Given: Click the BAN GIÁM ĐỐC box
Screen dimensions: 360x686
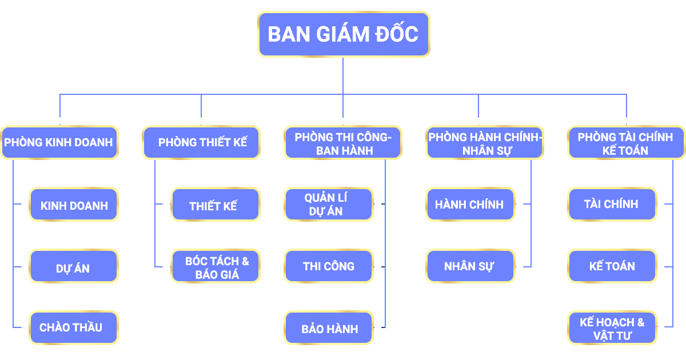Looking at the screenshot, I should click(343, 34).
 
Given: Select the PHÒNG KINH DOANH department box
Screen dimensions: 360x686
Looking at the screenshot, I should click(59, 142).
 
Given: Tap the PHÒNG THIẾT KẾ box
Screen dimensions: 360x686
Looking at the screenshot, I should click(201, 142).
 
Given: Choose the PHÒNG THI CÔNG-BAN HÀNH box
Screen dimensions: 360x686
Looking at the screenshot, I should click(343, 143).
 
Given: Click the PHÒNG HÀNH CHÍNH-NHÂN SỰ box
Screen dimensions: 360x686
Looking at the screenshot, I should click(485, 143).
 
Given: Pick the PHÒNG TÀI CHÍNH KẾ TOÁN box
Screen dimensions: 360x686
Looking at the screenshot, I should click(626, 143).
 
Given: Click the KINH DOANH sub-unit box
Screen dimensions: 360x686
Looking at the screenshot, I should click(74, 205).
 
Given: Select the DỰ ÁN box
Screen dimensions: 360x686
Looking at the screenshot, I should click(74, 267).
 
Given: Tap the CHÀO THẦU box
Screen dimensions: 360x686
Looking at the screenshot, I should click(74, 328).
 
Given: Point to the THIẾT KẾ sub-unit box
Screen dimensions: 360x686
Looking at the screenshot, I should click(215, 205).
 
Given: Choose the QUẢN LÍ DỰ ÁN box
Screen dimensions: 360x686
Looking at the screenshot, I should click(328, 205).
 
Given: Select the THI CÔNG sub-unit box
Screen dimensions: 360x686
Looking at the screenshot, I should click(329, 266).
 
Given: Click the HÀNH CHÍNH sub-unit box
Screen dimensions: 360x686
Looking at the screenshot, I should click(470, 205).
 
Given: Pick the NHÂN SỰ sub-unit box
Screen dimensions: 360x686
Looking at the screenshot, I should click(470, 266).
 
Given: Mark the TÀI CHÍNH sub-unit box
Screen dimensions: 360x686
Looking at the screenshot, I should click(612, 204).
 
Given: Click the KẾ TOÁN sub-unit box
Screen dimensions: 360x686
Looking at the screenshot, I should click(612, 266).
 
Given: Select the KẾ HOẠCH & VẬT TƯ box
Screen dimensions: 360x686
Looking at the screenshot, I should click(612, 329).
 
